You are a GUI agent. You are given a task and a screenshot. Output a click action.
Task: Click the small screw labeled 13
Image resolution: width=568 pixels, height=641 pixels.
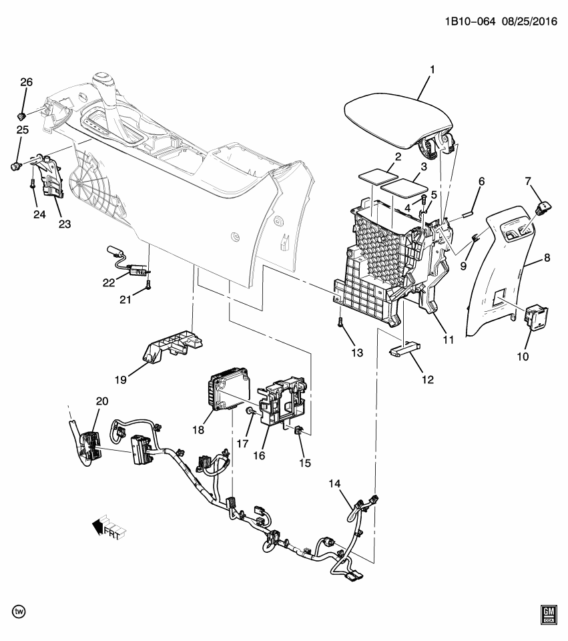pyautogui.click(x=340, y=323)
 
